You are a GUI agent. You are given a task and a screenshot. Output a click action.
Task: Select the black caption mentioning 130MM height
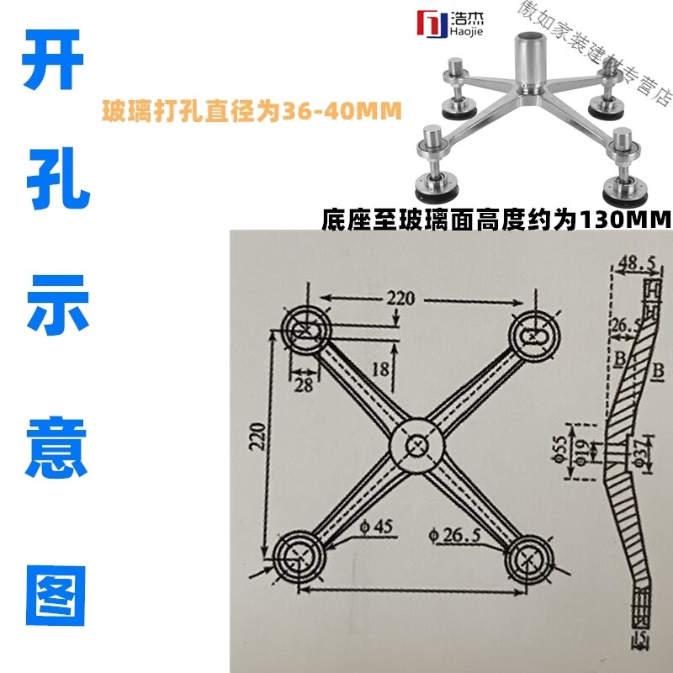495,220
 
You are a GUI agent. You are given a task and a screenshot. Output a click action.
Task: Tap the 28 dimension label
301,384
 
